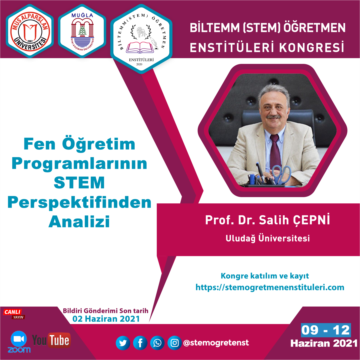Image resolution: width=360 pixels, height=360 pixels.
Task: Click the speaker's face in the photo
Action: click(270, 111)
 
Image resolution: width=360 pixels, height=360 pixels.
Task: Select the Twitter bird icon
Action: click(122, 342)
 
